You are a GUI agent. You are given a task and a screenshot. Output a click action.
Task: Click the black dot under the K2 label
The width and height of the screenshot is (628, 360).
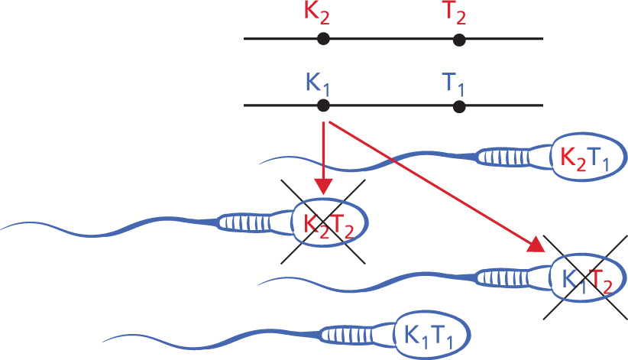click(x=323, y=38)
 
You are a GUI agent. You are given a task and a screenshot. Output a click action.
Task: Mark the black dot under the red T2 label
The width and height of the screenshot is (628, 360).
click(x=458, y=38)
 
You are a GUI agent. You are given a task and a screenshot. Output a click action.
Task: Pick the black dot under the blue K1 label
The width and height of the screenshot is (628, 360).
click(x=323, y=105)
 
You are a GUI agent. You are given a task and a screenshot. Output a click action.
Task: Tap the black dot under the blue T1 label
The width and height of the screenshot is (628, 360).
click(x=458, y=105)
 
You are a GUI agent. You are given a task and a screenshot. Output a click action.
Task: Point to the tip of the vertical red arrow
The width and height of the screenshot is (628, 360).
click(x=325, y=191)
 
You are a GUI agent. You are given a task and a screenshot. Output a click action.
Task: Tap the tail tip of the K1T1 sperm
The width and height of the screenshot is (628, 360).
click(x=104, y=339)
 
